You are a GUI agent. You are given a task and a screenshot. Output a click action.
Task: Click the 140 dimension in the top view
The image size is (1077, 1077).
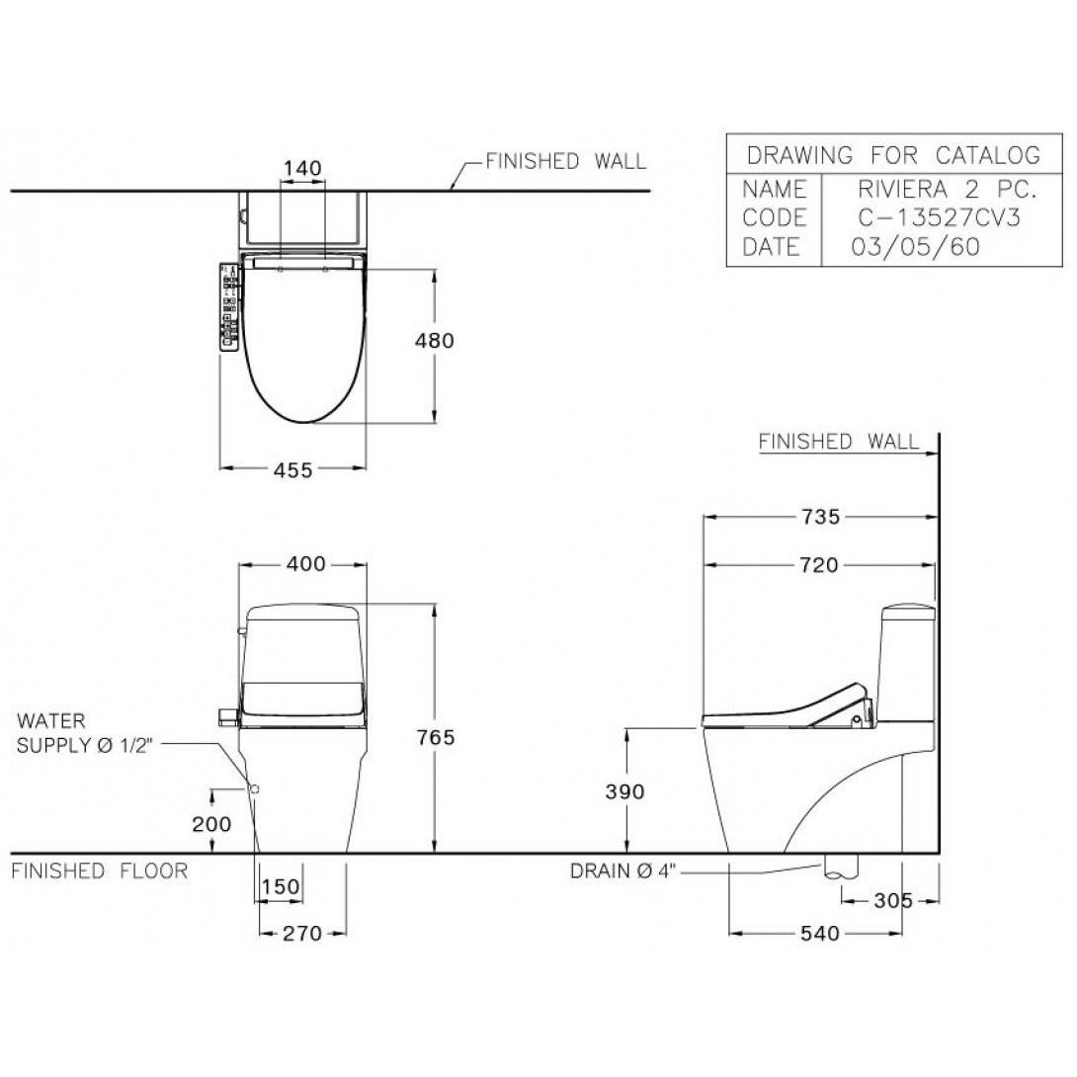302,168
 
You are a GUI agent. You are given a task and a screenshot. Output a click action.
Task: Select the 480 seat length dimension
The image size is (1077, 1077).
434,341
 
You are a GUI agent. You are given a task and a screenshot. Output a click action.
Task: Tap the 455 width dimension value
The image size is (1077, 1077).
292,470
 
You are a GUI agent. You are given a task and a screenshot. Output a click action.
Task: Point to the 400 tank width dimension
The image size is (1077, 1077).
305,564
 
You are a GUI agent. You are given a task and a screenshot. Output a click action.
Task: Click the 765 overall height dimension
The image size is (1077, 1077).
436,738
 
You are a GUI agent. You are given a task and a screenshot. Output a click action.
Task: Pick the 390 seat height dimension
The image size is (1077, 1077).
625,792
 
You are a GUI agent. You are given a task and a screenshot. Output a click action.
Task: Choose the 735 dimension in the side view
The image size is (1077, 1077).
821,517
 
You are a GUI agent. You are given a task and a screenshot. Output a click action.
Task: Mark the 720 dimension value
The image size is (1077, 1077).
820,565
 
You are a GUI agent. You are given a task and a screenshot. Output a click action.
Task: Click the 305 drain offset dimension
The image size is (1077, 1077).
893,900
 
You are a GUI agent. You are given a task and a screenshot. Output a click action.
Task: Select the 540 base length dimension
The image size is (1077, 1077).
820,934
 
